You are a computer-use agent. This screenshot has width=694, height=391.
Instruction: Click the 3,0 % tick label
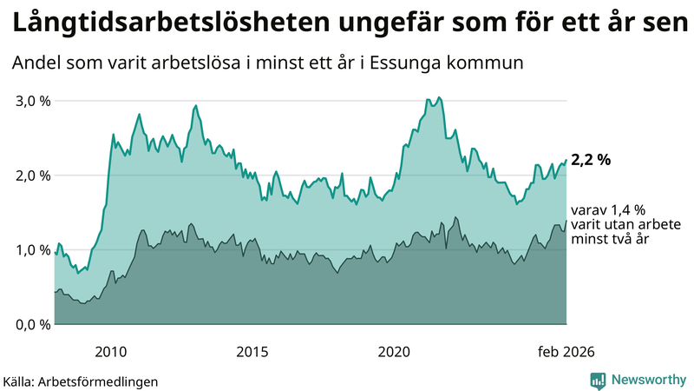pos(33,101)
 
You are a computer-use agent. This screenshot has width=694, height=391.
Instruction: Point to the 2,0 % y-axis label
pos(33,176)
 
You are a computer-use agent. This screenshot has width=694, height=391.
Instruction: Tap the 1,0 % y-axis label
pos(33,250)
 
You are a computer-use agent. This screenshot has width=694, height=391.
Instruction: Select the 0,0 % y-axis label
pos(33,325)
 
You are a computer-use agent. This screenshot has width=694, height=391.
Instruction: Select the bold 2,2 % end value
pos(591,160)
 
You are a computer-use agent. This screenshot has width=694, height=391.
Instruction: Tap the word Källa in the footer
pos(19,381)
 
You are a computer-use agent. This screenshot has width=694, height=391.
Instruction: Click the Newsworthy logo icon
pos(598,380)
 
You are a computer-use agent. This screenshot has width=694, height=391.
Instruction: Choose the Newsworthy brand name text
pos(649,380)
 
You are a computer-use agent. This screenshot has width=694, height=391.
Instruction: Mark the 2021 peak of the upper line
pos(440,97)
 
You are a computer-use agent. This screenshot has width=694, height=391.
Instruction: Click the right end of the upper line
pos(566,160)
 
